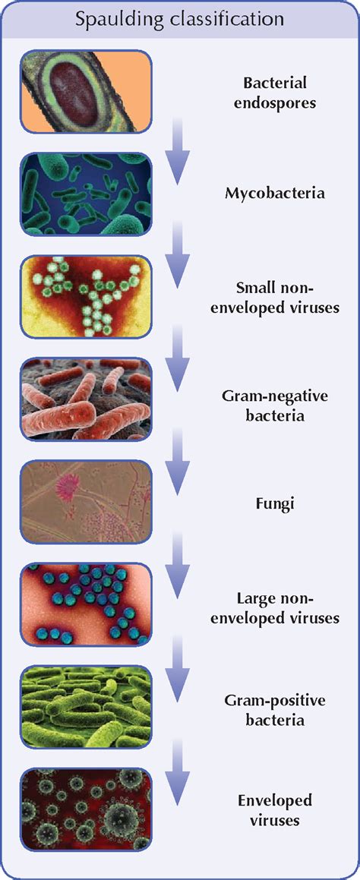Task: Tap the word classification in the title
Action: coord(222,18)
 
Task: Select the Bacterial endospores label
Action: coord(275,93)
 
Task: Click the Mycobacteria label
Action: coord(275,194)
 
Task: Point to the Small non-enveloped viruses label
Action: coord(275,298)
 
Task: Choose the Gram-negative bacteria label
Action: coord(275,406)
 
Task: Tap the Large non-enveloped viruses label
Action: coord(275,609)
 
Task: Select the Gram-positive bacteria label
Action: coord(275,710)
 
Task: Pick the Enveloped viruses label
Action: coord(275,810)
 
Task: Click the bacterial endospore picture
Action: coord(86,91)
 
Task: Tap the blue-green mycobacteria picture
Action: coord(86,194)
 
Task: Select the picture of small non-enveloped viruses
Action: coord(86,297)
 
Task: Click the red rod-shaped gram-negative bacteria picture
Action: coord(86,399)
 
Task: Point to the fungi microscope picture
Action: coord(86,503)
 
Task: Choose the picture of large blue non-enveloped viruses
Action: coord(86,605)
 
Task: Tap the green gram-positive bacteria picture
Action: coord(86,708)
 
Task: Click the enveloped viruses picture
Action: coord(86,810)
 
